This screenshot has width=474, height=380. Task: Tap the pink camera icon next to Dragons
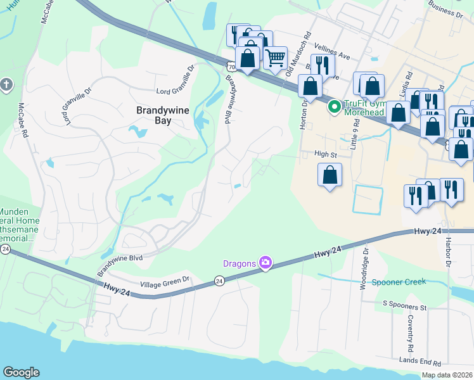[x=266, y=262]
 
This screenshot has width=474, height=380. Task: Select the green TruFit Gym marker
[x=333, y=108]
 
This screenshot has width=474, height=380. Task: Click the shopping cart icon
[x=275, y=58]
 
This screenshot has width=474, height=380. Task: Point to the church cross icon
[x=6, y=84]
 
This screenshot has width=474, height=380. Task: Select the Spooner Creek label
[x=399, y=282]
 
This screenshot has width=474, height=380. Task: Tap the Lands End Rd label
[x=420, y=362]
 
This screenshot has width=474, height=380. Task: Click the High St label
[x=325, y=154]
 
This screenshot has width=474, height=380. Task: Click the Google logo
[x=21, y=372]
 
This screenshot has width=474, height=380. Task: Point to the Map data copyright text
[x=447, y=375]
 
